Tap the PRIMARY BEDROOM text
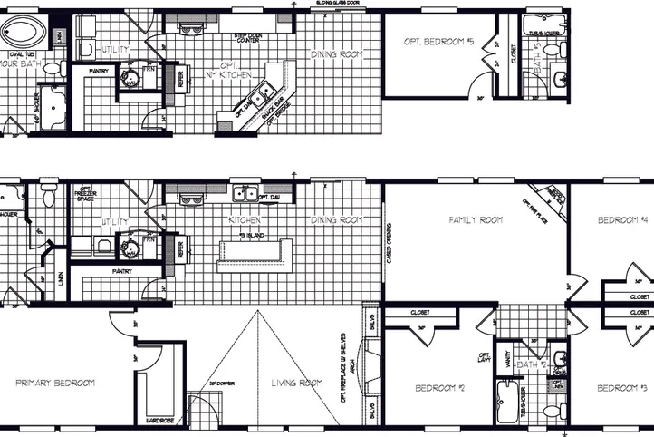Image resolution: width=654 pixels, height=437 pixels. (55, 383)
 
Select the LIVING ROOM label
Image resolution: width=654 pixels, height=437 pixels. (297, 383)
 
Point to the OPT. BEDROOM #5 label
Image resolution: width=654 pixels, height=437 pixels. (438, 42)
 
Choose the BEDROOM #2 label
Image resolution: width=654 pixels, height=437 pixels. (439, 388)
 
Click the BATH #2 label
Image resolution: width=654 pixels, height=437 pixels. (527, 364)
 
